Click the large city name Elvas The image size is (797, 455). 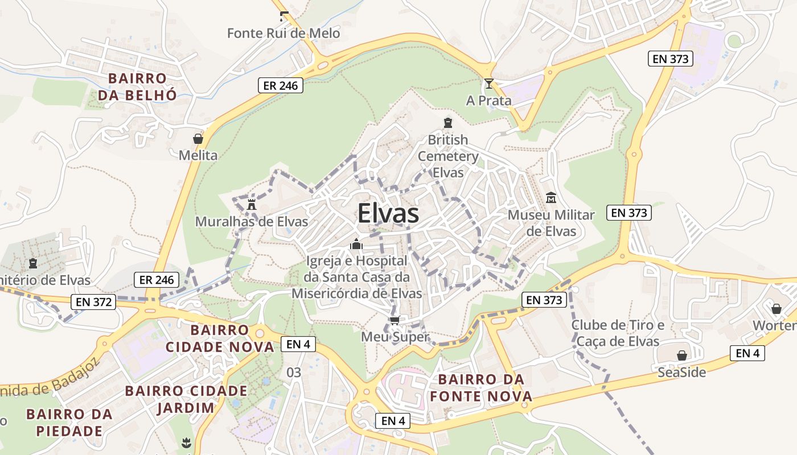[x=388, y=214]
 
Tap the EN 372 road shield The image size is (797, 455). [x=93, y=302]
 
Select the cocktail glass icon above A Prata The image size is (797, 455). [x=488, y=84]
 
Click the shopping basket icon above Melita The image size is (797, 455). [x=198, y=139]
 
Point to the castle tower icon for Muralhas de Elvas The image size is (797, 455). [x=252, y=204]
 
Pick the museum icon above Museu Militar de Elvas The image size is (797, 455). [x=551, y=198]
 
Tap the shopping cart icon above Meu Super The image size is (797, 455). [x=395, y=320]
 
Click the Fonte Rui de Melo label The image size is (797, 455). [x=284, y=33]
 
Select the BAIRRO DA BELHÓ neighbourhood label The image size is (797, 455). [x=137, y=86]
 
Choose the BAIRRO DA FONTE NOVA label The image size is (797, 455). [x=482, y=388]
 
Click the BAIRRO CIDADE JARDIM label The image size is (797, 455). [x=186, y=399]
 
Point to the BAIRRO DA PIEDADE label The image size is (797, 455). [x=69, y=422]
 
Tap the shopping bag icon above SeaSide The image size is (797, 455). [x=681, y=356]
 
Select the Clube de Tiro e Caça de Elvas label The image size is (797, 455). [x=618, y=333]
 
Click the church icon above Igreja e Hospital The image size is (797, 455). [x=356, y=245]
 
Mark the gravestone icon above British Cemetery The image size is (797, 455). [x=448, y=123]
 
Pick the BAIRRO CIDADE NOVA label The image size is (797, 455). [x=220, y=338]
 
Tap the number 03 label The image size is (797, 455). [x=294, y=373]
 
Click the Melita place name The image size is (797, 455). [x=198, y=155]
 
